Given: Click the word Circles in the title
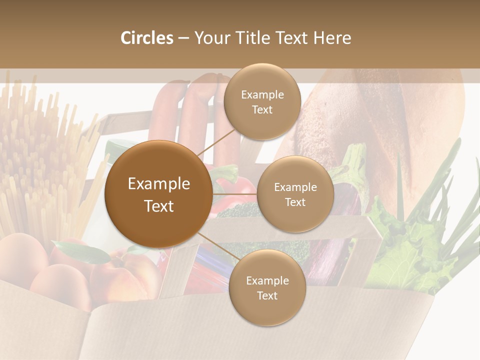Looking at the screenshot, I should coord(147,38).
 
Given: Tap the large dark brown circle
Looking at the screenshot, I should coord(158,194).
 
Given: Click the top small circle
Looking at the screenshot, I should coord(262,101).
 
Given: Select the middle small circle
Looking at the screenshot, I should coord(295,194).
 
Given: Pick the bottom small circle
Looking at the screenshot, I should coord(267,287).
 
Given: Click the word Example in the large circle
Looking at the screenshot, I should coord(158,184).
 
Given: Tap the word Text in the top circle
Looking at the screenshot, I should coord(262,109).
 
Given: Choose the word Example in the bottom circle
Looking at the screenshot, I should coord(267,280).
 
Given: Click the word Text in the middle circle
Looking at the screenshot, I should coord(295,202).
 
